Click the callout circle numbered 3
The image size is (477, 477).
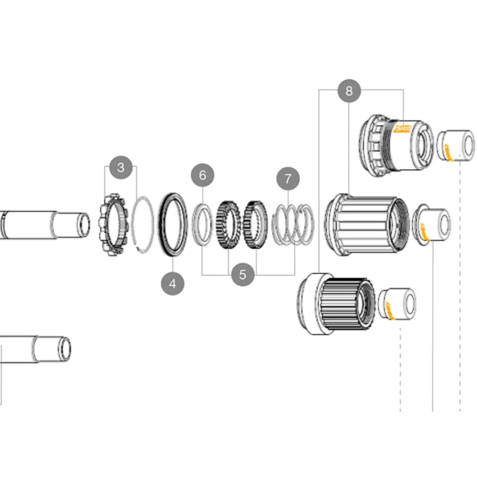[121, 167]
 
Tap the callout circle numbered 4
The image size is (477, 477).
[173, 284]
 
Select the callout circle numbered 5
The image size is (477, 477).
[242, 274]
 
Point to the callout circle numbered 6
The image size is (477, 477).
[203, 175]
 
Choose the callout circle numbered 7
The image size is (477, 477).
[288, 178]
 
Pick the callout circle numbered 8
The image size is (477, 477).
[349, 91]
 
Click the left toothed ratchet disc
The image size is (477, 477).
[228, 225]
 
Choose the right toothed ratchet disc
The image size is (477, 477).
[255, 225]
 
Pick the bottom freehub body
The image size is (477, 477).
[336, 304]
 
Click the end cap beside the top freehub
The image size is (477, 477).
[456, 145]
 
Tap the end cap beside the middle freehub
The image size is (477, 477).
[432, 225]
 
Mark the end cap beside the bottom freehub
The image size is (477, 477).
[397, 303]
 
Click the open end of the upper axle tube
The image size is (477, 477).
[83, 225]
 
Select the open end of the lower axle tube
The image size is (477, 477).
[64, 349]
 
